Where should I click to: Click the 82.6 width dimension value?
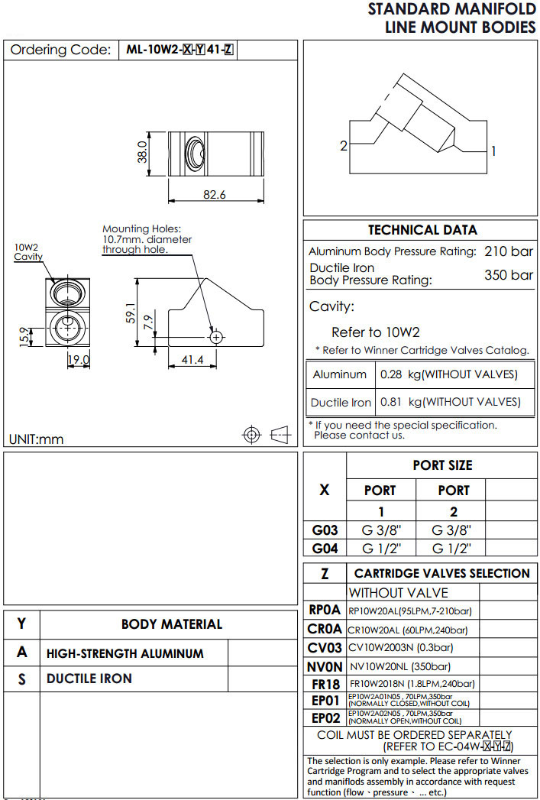215,195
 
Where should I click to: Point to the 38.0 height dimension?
141,152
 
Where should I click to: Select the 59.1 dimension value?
130,313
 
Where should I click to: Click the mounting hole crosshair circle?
216,336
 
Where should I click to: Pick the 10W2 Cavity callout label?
27,252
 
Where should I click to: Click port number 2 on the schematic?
344,145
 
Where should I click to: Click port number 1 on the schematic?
493,151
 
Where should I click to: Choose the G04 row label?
325,548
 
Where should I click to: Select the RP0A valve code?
325,611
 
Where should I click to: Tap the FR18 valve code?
325,684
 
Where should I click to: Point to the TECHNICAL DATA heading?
422,230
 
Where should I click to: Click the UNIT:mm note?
37,439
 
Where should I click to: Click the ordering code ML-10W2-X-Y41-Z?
180,50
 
